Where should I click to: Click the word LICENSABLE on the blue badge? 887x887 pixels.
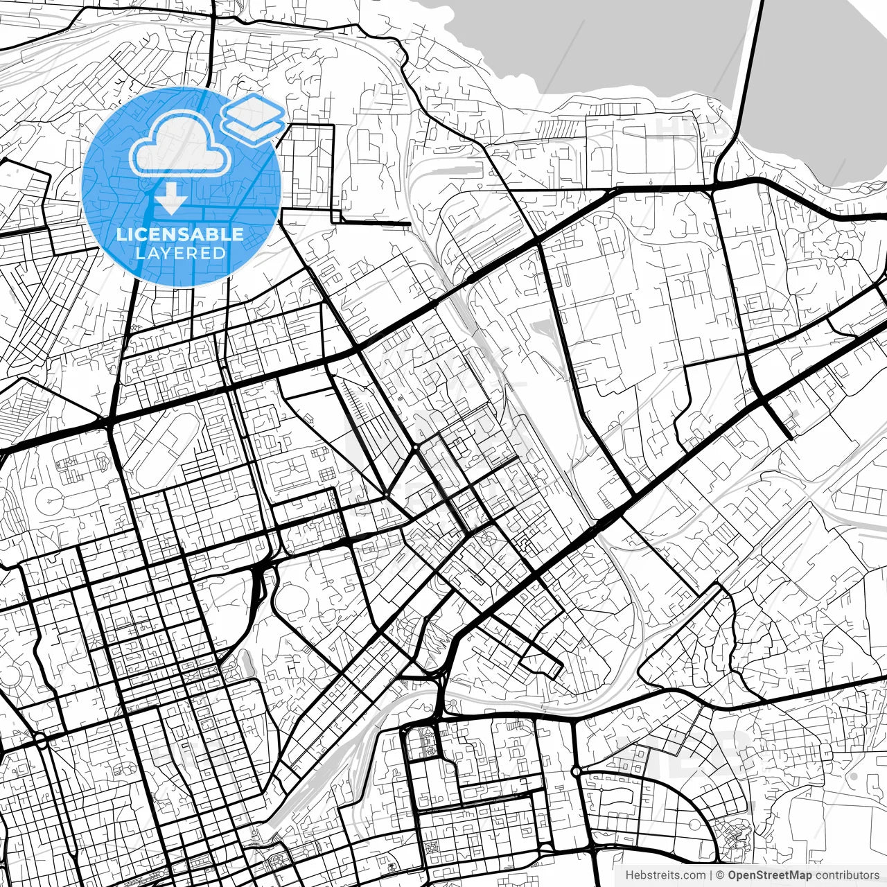tap(180, 234)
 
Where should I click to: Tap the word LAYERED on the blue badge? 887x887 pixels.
tap(180, 253)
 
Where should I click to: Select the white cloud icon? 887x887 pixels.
tap(180, 143)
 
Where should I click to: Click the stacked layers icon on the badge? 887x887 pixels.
tap(253, 118)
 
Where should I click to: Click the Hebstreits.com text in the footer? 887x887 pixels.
tap(665, 875)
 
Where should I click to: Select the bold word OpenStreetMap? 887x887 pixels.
tap(769, 875)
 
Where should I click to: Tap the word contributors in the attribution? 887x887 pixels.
tap(847, 875)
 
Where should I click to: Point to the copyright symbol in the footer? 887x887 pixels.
tap(721, 875)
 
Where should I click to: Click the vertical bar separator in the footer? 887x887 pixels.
tap(712, 875)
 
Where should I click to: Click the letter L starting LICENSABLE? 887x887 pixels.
tap(121, 234)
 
